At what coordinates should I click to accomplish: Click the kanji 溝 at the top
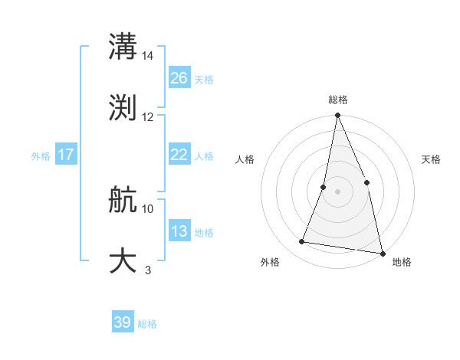point(123,47)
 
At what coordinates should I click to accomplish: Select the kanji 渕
point(123,107)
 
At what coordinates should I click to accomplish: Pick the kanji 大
point(123,260)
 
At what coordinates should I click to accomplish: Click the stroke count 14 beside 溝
point(148,56)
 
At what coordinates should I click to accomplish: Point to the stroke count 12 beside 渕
point(148,117)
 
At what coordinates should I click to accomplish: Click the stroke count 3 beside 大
point(148,270)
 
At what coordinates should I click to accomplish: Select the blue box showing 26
point(179,78)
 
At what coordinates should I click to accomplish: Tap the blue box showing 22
point(179,155)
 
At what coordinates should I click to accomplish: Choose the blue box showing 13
point(179,231)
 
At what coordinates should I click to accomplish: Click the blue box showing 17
point(65,155)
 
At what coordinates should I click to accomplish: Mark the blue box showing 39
point(123,322)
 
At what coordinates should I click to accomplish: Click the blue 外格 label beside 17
point(41,155)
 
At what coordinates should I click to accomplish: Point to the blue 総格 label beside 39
point(147,324)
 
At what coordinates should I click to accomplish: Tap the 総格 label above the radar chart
point(337,100)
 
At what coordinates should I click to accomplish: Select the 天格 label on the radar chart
point(432,159)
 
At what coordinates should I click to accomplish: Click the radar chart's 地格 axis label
point(402,262)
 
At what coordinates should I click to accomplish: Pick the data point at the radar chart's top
point(337,116)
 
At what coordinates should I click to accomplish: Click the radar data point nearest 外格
point(302,242)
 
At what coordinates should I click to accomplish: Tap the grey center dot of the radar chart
point(337,191)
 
